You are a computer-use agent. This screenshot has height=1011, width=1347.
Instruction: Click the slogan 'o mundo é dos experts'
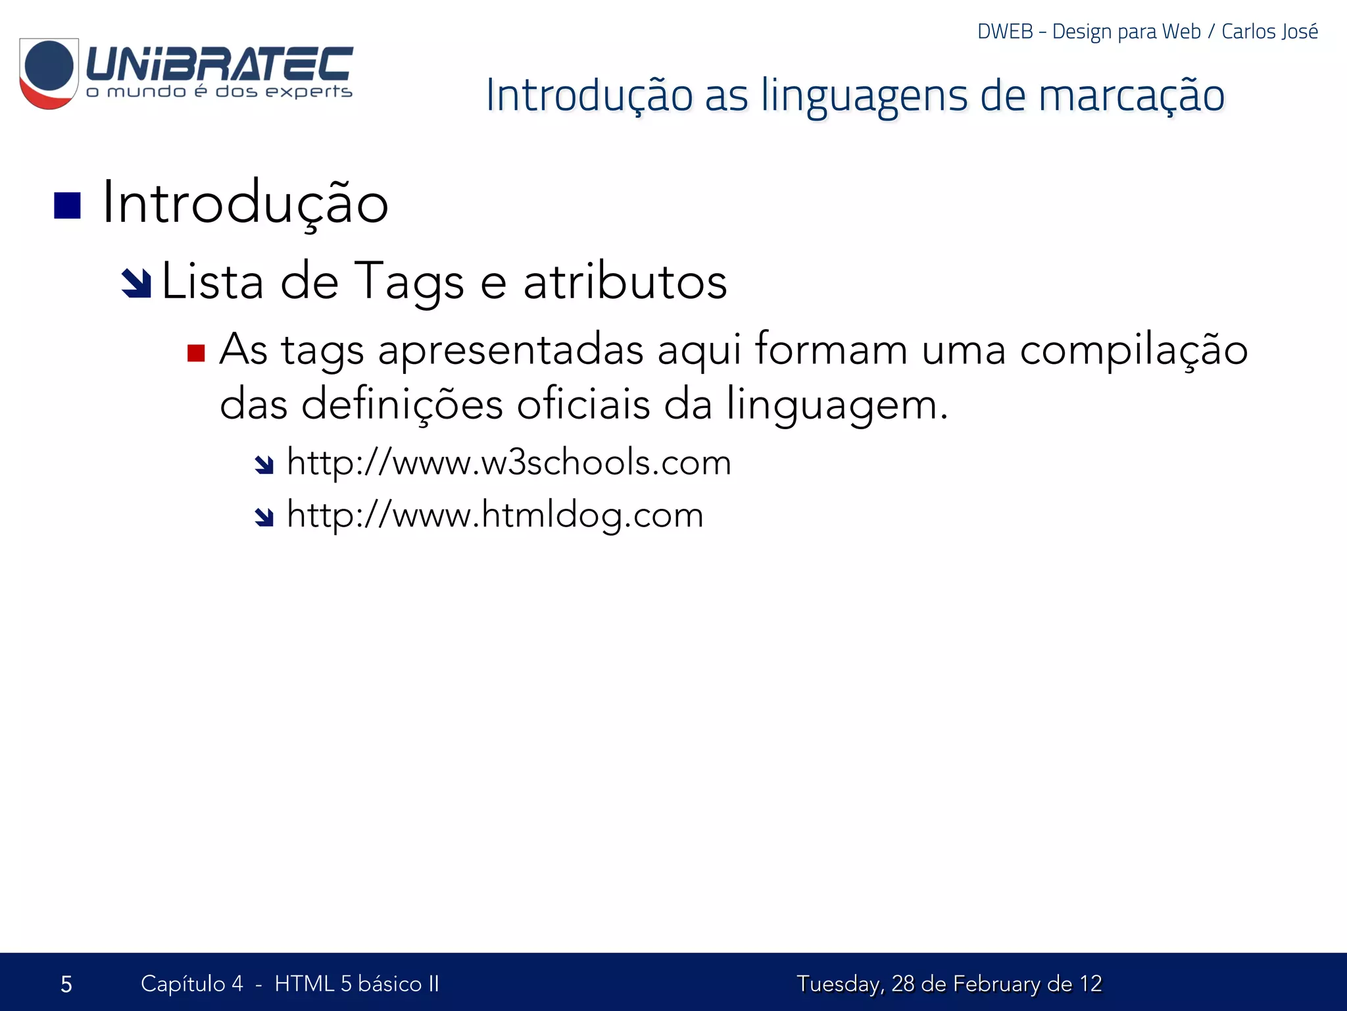[219, 91]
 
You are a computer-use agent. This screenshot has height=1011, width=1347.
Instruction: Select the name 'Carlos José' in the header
[1269, 32]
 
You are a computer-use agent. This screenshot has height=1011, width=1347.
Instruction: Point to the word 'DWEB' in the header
[1005, 32]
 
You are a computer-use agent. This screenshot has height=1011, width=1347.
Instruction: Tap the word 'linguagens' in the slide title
[864, 95]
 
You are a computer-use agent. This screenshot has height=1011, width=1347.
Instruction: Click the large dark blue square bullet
[67, 205]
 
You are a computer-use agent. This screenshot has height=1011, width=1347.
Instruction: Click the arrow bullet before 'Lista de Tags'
[137, 284]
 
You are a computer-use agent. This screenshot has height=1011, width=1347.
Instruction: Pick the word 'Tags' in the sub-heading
[409, 282]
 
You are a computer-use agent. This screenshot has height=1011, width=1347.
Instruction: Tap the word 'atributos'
[625, 282]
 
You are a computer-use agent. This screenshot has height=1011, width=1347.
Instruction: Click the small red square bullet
[196, 353]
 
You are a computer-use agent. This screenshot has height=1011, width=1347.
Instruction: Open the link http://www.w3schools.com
[508, 462]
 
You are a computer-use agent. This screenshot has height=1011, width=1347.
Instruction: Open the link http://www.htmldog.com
[495, 515]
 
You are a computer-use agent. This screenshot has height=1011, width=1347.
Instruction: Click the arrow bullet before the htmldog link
[264, 518]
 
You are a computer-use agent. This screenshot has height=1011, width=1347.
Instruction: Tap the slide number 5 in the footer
[66, 984]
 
